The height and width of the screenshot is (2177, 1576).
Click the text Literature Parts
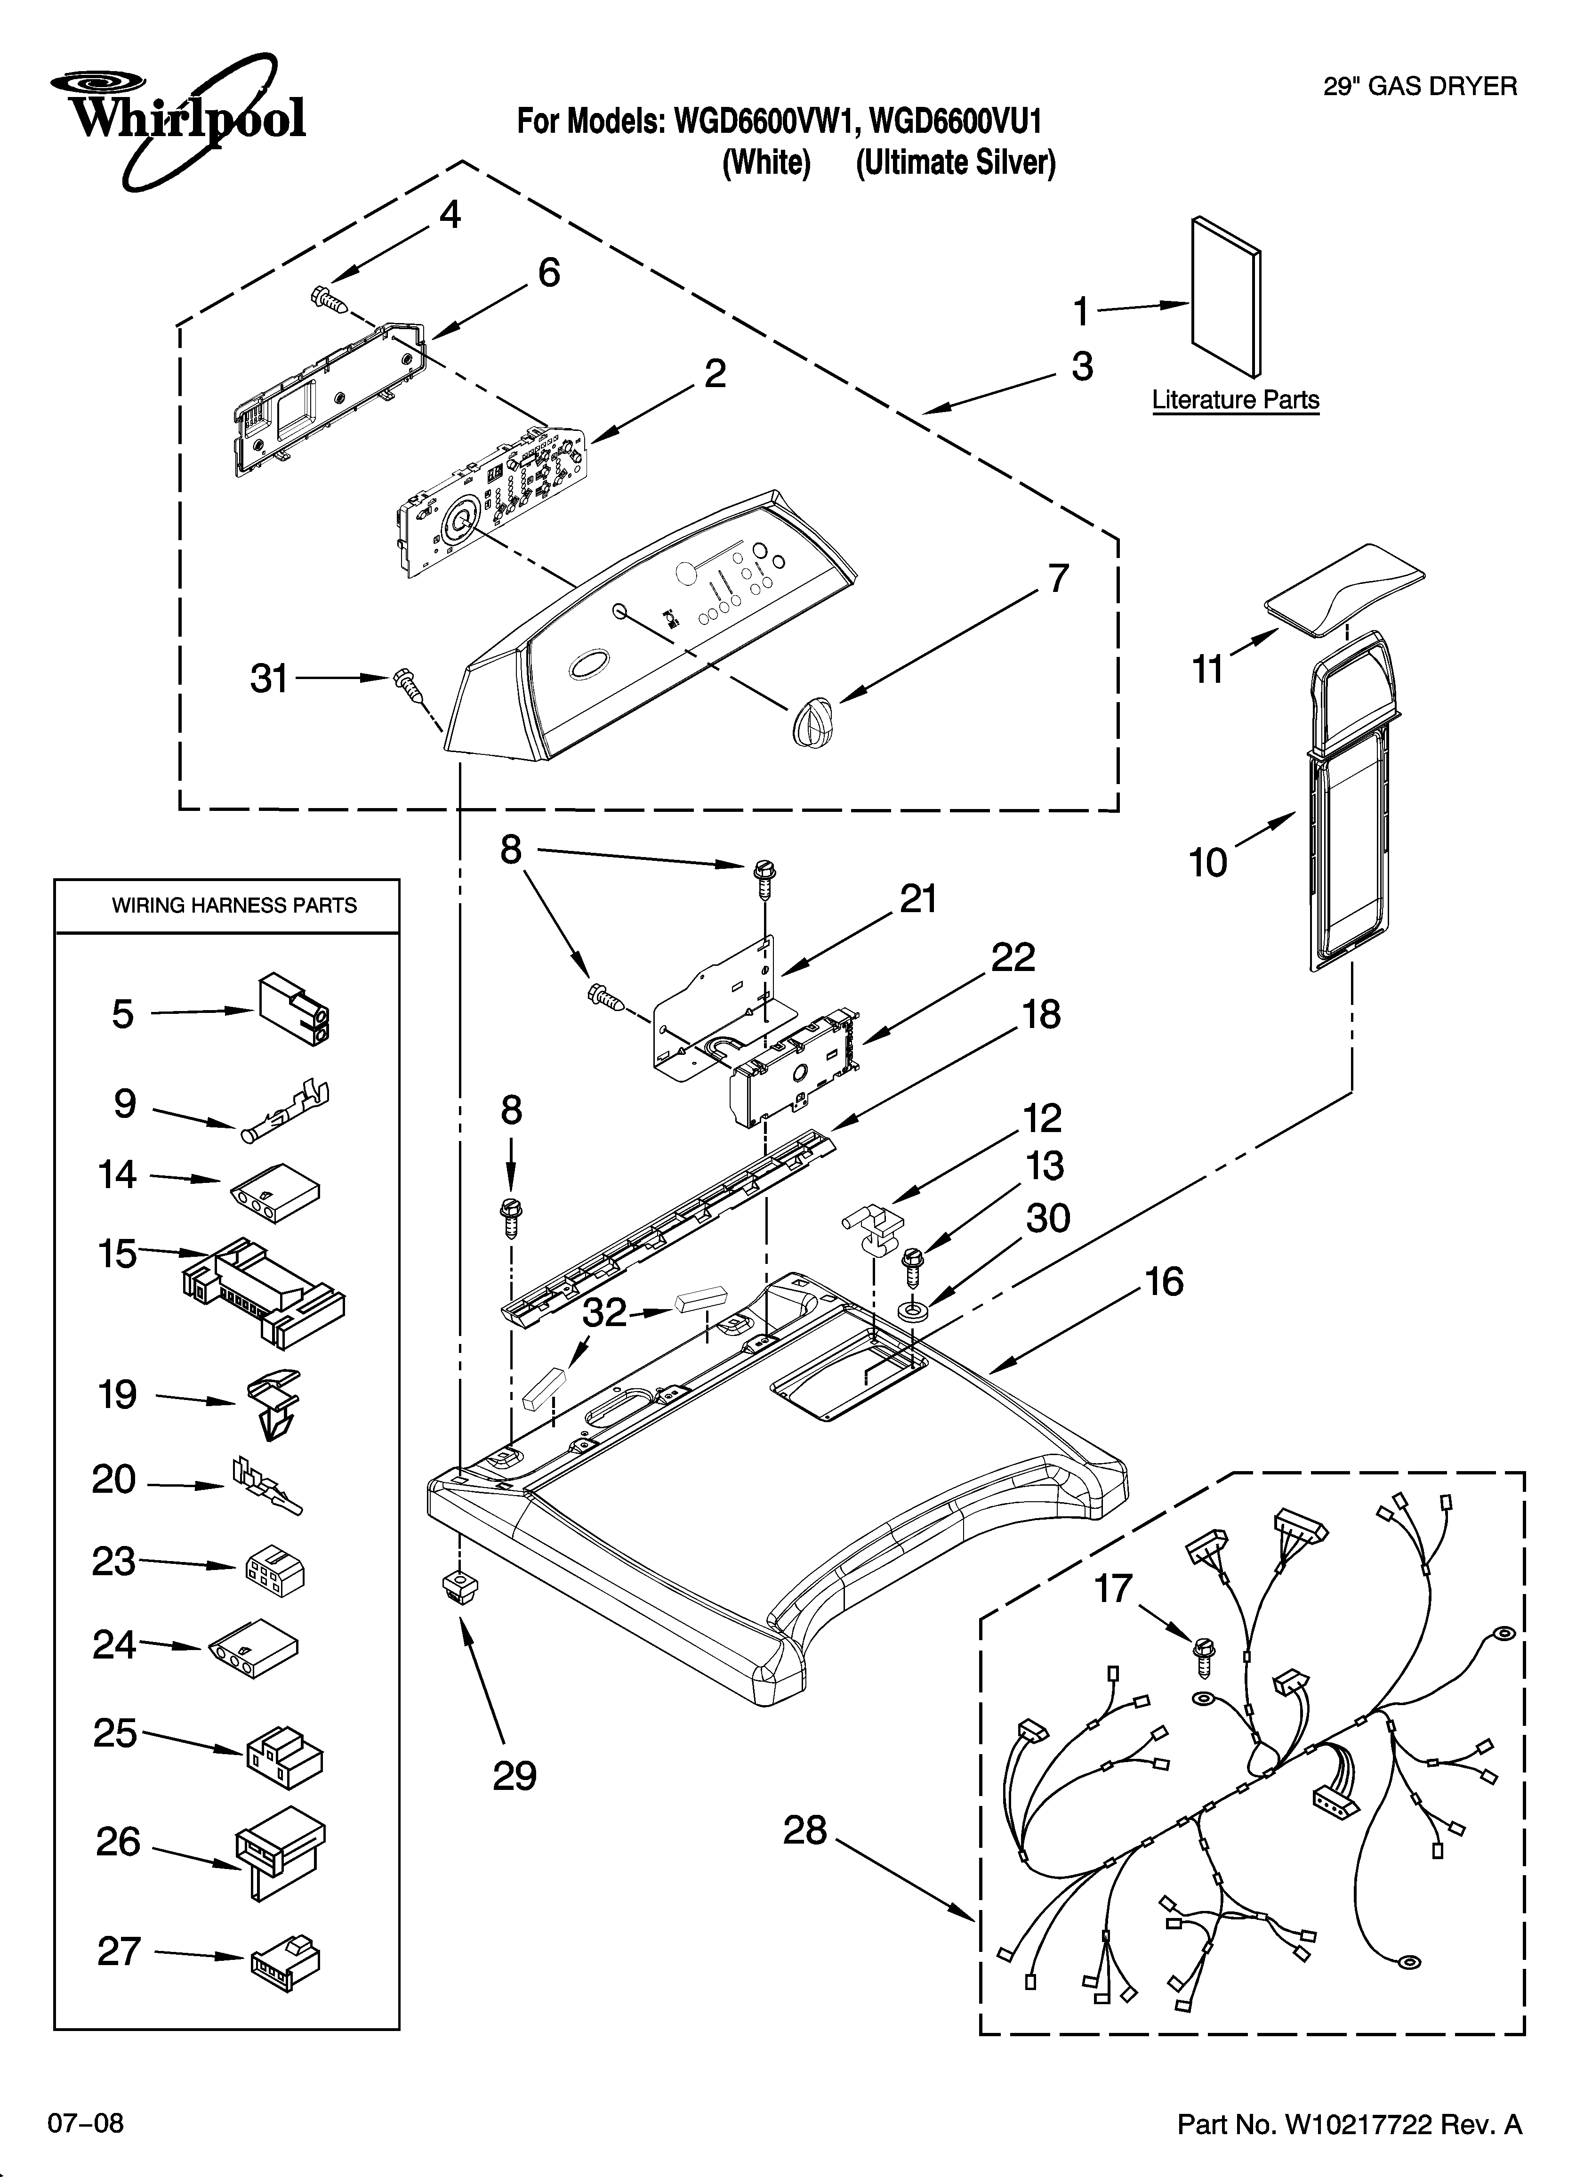[1235, 400]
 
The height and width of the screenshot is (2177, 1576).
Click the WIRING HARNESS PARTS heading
[234, 905]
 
